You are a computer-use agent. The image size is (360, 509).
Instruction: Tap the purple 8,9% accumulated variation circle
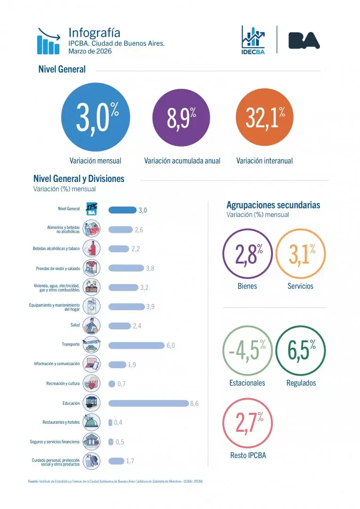182,118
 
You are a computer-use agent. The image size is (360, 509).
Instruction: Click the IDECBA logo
254,40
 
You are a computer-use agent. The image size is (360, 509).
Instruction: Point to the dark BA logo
304,40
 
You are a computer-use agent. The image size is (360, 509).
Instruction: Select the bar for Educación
148,403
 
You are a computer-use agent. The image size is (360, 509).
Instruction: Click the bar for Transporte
136,345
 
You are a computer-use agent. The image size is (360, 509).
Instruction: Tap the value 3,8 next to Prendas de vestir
150,268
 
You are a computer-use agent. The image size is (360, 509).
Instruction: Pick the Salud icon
91,326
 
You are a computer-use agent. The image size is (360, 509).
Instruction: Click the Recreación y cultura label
63,384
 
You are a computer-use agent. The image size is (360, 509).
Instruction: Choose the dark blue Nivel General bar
122,210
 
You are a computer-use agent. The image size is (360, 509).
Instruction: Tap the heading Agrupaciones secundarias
273,205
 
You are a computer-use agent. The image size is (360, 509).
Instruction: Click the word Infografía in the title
94,33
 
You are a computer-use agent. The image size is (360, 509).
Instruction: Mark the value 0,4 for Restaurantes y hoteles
118,422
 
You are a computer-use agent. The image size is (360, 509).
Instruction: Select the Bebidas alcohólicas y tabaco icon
91,248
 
